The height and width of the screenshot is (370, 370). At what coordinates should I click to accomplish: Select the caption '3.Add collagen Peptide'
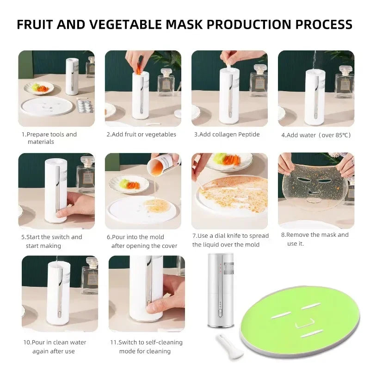(x=227, y=135)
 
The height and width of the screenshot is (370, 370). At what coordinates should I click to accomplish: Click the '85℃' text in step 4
(x=342, y=135)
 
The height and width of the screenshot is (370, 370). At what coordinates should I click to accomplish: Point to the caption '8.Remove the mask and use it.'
(x=315, y=239)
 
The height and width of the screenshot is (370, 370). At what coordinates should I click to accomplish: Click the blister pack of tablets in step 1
(x=85, y=106)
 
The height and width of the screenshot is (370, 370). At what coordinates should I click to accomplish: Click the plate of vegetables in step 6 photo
(x=129, y=184)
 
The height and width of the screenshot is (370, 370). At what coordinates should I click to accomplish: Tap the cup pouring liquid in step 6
(x=166, y=163)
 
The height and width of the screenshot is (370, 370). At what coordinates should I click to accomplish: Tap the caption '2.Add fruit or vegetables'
(x=141, y=135)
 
